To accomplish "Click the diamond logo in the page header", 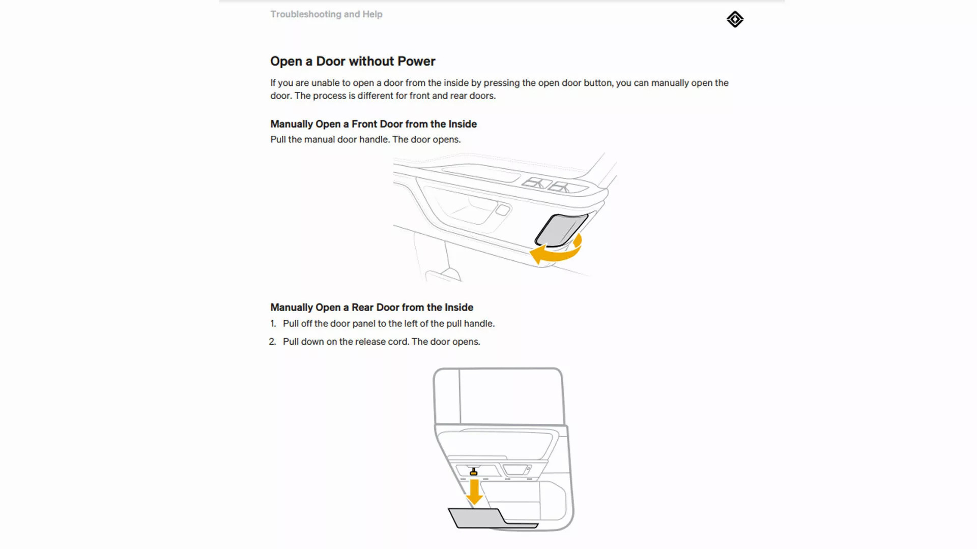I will coord(735,19).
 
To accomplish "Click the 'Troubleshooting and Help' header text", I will coord(326,14).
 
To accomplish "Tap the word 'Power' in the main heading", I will coord(416,62).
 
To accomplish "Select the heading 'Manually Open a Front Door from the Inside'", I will coord(373,124).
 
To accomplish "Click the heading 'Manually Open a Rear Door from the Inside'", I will coord(371,308).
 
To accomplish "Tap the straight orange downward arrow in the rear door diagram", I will coord(474,492).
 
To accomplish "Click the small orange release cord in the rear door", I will coord(474,473).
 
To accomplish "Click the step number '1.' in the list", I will coord(273,324).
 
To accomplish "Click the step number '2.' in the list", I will coord(273,342).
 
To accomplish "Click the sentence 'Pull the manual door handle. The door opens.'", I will coord(365,140).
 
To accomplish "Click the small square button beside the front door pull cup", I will coord(502,210).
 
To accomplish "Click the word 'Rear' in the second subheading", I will coord(362,308).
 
